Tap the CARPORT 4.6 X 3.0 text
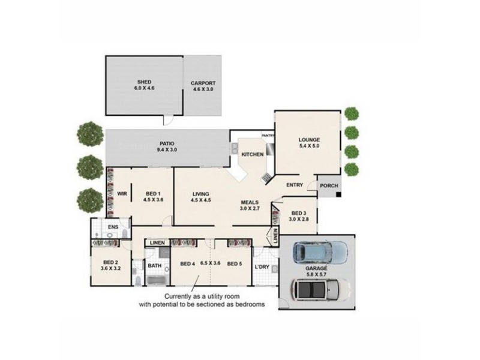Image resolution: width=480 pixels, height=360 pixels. pyautogui.click(x=203, y=86)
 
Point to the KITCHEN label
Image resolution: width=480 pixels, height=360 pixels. pyautogui.click(x=253, y=155)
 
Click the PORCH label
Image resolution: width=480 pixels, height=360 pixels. pyautogui.click(x=328, y=186)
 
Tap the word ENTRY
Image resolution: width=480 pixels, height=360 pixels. pyautogui.click(x=294, y=185)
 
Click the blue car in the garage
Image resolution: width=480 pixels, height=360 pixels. pyautogui.click(x=318, y=253)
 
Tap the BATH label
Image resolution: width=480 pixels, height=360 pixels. pyautogui.click(x=155, y=265)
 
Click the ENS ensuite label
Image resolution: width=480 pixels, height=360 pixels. pyautogui.click(x=113, y=227)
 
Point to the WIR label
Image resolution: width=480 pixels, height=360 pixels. pyautogui.click(x=122, y=194)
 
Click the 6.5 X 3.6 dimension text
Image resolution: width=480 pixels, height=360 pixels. pyautogui.click(x=210, y=263)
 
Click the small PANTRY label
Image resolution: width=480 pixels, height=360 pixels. pyautogui.click(x=268, y=136)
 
